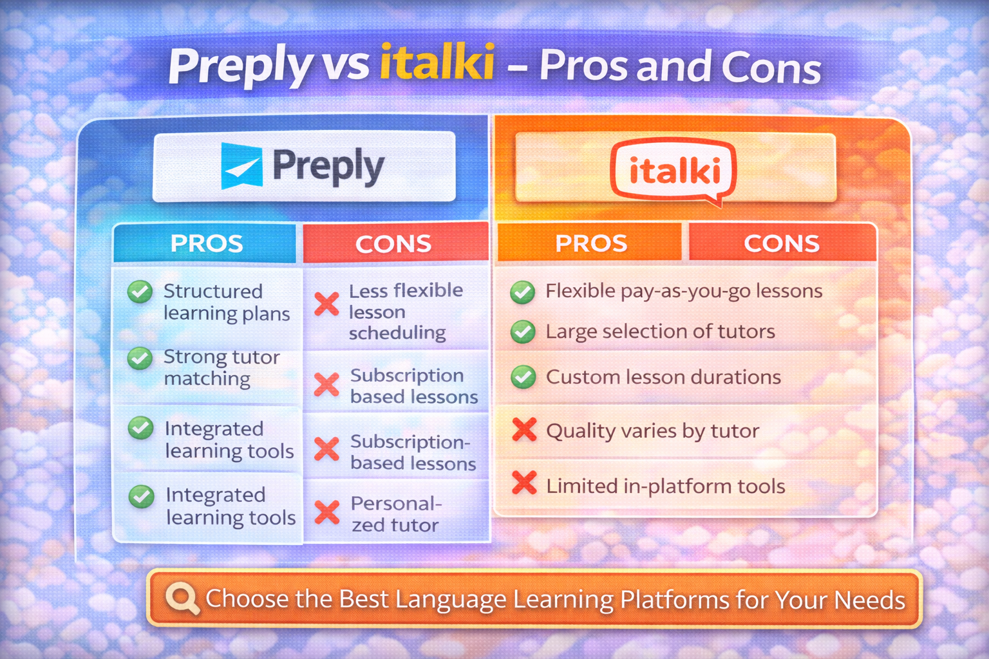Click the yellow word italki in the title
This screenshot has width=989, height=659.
437,62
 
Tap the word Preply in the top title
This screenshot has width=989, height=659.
241,66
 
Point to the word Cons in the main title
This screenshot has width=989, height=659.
771,67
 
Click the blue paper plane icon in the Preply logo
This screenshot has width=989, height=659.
241,165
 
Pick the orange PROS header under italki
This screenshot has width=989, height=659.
590,243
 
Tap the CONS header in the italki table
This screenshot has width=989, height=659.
782,243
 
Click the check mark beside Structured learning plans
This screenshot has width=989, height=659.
140,292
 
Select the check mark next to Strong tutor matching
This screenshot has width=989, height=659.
140,358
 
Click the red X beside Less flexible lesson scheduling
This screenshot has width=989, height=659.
326,304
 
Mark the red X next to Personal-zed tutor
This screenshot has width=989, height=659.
327,512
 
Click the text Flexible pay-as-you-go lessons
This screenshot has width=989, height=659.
684,292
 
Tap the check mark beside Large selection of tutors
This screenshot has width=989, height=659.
523,331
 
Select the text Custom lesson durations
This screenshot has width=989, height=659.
664,377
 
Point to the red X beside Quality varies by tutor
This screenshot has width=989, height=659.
525,430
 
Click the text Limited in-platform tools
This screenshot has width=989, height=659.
666,486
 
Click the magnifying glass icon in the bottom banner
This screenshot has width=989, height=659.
182,599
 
